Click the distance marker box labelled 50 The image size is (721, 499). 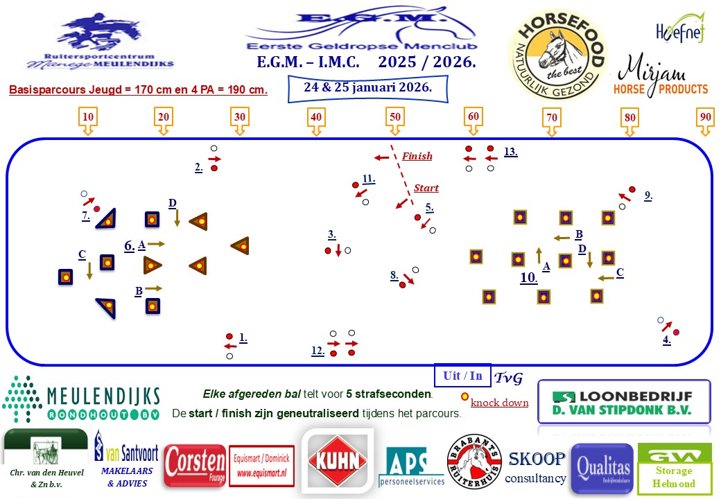coord(394,117)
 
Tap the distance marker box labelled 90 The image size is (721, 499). coord(705,117)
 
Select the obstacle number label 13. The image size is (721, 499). coord(510,152)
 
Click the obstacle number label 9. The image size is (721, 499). coord(648,195)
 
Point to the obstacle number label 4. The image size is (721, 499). coord(666,340)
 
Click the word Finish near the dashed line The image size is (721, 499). coord(417,157)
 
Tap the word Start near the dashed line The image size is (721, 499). coord(426,188)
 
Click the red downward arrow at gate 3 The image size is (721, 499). coord(338,250)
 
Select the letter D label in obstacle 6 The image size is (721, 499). coord(172,202)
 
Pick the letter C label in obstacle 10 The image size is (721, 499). coord(620,272)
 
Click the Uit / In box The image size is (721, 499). coord(462,375)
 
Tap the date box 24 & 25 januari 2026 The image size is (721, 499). coord(367,88)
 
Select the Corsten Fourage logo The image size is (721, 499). coord(195,466)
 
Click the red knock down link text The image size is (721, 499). coord(499,403)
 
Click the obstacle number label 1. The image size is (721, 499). coord(243,338)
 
